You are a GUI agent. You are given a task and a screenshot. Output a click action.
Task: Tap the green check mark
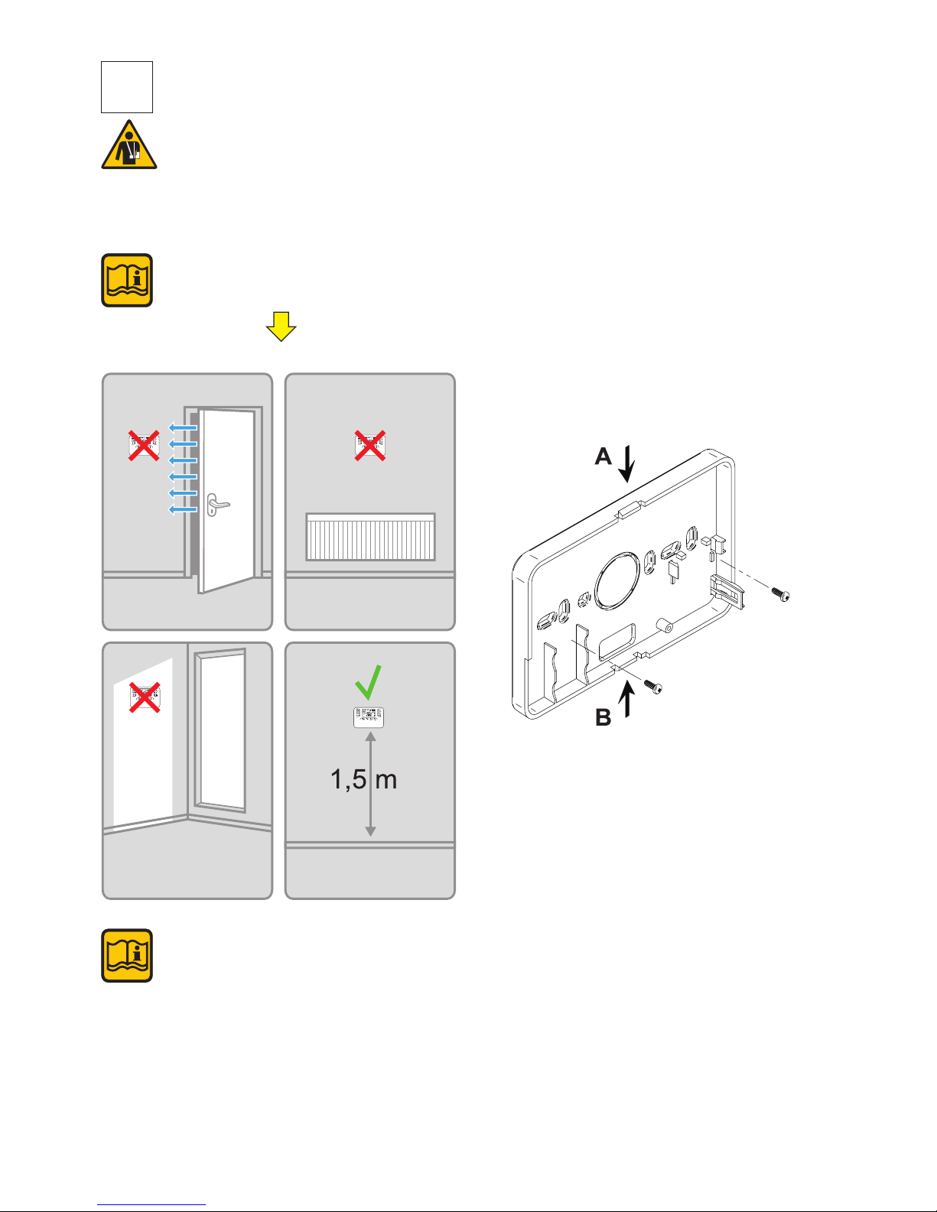pyautogui.click(x=368, y=682)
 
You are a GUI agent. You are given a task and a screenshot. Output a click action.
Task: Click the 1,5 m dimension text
pyautogui.click(x=363, y=779)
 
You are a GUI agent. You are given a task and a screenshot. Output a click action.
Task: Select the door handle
pyautogui.click(x=217, y=505)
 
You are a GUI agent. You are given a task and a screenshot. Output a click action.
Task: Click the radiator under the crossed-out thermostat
pyautogui.click(x=370, y=537)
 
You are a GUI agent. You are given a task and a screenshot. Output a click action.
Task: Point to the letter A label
pyautogui.click(x=604, y=457)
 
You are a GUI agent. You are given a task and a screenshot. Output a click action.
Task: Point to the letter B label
pyautogui.click(x=604, y=718)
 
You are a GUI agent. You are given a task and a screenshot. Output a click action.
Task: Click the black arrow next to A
pyautogui.click(x=627, y=463)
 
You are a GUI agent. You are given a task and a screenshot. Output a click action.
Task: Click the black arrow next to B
pyautogui.click(x=627, y=700)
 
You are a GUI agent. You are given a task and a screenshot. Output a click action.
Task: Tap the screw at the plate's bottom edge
pyautogui.click(x=652, y=687)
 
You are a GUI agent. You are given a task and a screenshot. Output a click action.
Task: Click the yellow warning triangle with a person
pyautogui.click(x=129, y=146)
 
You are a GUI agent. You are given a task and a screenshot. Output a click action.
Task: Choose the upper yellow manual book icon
pyautogui.click(x=127, y=281)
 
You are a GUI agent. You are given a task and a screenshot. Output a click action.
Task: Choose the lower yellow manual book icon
pyautogui.click(x=127, y=956)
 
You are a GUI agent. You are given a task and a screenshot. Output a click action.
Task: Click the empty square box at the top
pyautogui.click(x=127, y=87)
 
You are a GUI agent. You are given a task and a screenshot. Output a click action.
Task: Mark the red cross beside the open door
pyautogui.click(x=144, y=445)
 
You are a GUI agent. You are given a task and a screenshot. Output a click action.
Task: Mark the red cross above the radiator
pyautogui.click(x=369, y=445)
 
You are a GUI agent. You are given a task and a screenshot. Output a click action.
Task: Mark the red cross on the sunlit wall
pyautogui.click(x=144, y=697)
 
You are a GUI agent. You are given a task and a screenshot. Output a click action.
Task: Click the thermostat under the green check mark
pyautogui.click(x=369, y=716)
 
